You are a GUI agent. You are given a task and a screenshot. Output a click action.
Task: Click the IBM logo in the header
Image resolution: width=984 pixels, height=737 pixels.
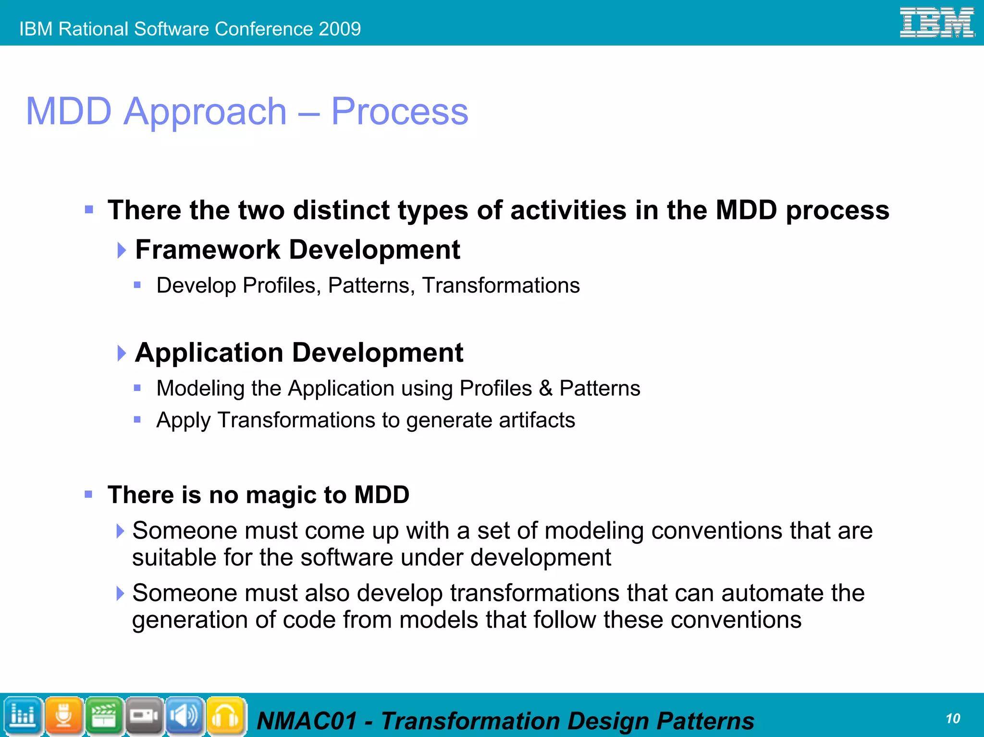(936, 23)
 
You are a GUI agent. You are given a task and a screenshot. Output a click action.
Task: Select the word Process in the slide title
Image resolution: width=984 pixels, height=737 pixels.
(399, 111)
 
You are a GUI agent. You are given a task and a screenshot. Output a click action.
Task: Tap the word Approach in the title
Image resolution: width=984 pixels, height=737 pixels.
(205, 111)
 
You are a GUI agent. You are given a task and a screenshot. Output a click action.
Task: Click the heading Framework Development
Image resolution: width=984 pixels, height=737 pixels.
(297, 250)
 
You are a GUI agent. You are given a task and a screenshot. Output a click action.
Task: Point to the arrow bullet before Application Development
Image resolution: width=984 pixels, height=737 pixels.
(122, 353)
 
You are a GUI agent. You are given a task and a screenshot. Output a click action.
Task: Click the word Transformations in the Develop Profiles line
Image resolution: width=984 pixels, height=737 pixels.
(501, 285)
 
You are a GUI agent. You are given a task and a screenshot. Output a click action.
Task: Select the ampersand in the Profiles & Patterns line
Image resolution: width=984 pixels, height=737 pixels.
(545, 388)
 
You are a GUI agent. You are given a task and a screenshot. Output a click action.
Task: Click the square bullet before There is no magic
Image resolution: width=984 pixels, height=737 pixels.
(88, 494)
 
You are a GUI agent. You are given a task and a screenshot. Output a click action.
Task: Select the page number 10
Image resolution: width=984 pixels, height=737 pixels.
(953, 718)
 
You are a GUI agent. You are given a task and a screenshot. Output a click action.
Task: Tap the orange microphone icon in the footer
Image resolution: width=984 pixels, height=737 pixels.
(63, 716)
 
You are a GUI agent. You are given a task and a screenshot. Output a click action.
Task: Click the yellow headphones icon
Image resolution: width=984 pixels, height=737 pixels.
(225, 716)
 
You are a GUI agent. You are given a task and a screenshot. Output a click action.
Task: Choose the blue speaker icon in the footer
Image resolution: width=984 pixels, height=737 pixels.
(185, 716)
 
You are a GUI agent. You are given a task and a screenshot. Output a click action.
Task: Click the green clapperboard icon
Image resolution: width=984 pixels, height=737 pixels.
(104, 716)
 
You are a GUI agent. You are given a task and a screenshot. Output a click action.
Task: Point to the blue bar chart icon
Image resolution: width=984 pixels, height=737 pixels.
(23, 716)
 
